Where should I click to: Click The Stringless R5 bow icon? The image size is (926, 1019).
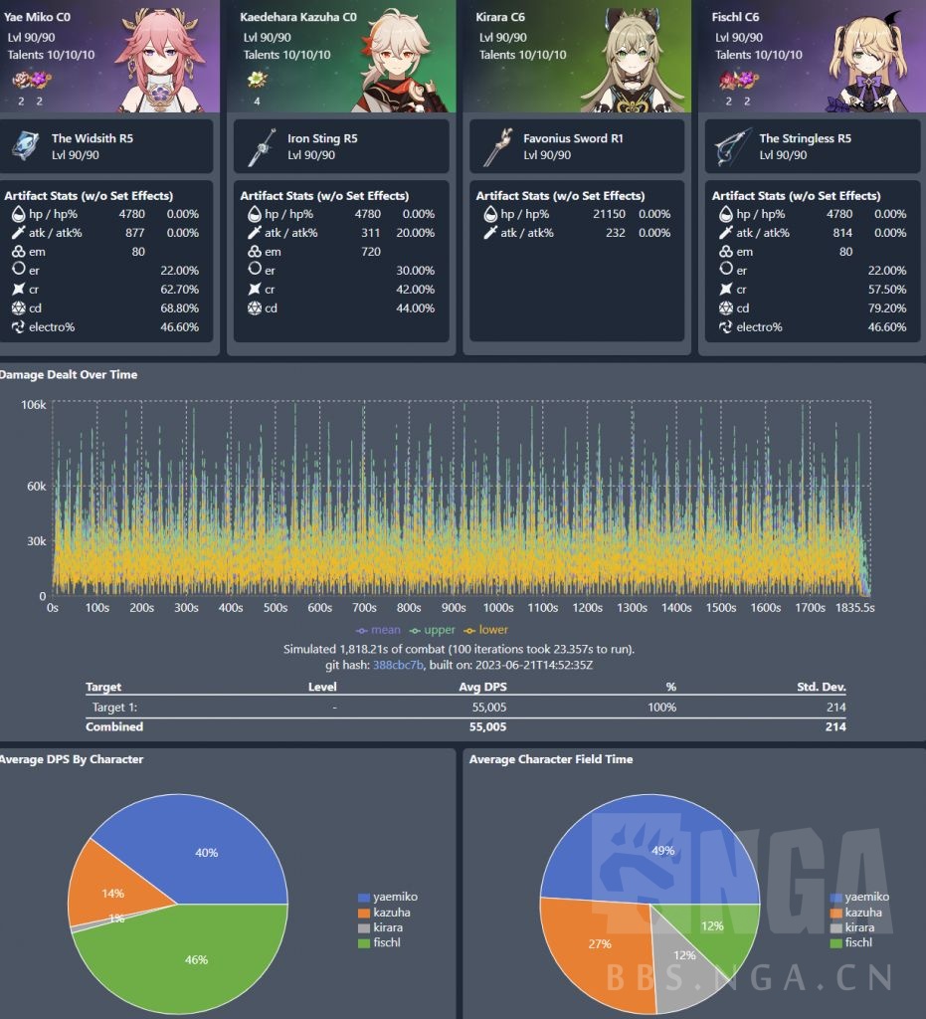pos(731,146)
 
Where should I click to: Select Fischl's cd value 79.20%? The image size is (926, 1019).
pos(886,307)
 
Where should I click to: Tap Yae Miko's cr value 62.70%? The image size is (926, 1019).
pos(179,289)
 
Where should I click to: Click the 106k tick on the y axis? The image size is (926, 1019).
pos(33,404)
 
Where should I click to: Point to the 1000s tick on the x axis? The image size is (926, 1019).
pos(498,608)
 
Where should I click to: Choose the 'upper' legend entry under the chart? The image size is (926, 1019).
pos(434,630)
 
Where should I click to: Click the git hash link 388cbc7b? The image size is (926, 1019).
pos(398,664)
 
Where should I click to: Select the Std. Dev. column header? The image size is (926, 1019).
pos(822,687)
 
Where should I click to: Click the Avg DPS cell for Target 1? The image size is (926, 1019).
pos(488,707)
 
